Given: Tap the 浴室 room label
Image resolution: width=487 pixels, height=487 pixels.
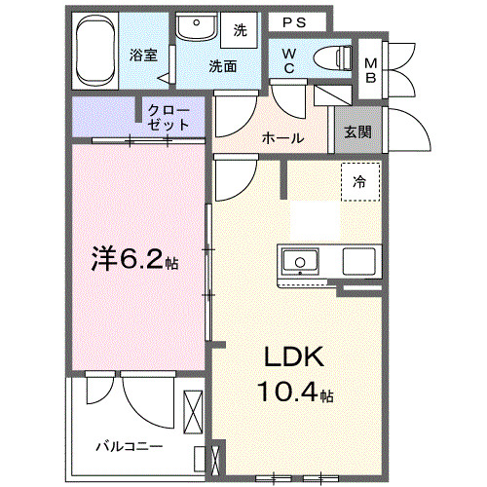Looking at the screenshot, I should pos(144,55).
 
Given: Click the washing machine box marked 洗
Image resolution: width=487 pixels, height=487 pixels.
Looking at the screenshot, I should pos(240,30).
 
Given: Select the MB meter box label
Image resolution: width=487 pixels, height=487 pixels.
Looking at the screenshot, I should pos(370,70).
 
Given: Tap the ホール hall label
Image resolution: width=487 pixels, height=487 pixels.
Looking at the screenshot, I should pos(282,138).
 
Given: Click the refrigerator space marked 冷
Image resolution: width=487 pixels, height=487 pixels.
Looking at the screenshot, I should pos(359,181).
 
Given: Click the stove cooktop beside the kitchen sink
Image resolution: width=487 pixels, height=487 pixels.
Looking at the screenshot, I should pos(357,261).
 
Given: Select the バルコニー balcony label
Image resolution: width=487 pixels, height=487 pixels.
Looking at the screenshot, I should pos(129,447).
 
